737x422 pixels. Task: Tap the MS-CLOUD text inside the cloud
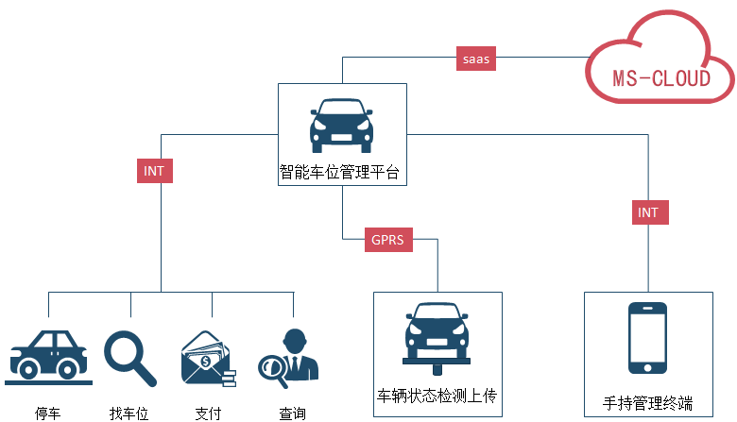point(660,77)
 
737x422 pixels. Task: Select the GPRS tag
point(387,240)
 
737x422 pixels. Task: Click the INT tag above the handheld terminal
point(648,212)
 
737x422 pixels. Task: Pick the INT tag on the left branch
point(154,171)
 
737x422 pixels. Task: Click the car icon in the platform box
point(341,125)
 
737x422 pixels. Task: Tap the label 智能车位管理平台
point(340,173)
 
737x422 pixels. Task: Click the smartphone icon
point(648,339)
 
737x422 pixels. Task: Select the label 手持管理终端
point(647,404)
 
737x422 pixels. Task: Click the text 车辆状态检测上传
point(437,395)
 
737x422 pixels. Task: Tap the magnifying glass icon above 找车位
point(129,358)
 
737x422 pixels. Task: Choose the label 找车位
point(129,413)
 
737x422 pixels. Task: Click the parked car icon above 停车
point(49,356)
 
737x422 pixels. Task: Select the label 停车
point(48,413)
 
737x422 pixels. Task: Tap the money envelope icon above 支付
point(208,359)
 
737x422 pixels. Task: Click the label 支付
point(208,413)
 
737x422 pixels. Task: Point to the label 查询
point(292,413)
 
